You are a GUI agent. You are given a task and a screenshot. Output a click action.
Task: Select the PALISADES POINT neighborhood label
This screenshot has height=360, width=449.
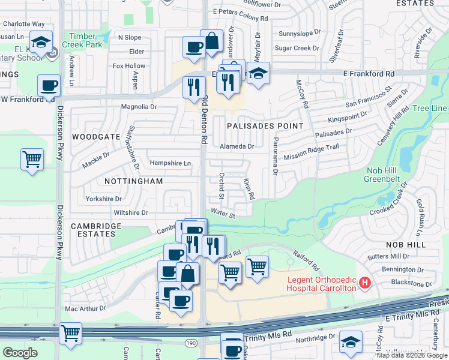tap(265, 125)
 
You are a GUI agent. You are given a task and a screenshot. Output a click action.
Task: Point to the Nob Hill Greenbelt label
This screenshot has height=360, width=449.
tap(388, 174)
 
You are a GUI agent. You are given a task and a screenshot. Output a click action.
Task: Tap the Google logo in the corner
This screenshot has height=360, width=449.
tap(20, 352)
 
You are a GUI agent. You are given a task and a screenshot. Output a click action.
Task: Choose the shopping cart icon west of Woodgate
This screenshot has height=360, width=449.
tap(32, 160)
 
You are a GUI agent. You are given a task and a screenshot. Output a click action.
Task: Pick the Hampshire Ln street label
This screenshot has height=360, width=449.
tap(170, 163)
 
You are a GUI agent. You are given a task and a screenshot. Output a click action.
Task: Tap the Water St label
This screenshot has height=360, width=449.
tap(223, 214)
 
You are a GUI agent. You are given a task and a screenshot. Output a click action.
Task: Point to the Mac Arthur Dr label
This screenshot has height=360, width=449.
tap(85, 308)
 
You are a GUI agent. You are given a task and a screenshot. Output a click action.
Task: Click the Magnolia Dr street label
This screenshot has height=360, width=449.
tap(139, 107)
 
